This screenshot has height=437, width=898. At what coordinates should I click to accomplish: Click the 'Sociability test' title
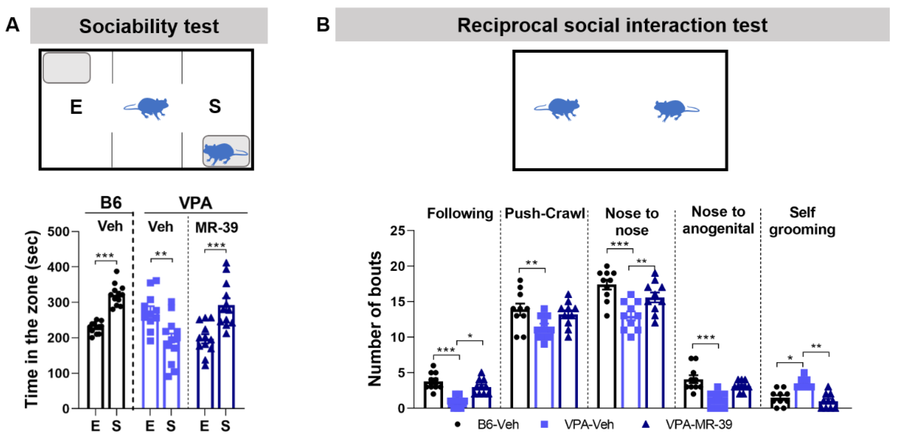tap(149, 26)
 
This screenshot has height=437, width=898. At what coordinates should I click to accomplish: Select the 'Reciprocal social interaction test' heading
tap(612, 25)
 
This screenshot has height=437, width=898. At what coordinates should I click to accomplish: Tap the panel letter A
tap(13, 25)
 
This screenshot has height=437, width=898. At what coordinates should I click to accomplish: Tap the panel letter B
tap(322, 25)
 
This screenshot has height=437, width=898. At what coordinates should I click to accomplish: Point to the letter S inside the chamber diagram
tap(215, 106)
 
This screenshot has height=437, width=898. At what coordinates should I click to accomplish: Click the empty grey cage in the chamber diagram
tap(66, 68)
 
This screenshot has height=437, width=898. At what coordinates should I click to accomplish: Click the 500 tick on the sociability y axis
tap(58, 232)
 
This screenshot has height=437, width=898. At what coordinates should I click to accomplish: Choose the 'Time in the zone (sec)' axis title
tap(31, 319)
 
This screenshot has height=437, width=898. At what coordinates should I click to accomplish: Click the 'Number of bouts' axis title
tap(375, 319)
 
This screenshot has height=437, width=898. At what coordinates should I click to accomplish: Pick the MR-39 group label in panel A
tap(217, 228)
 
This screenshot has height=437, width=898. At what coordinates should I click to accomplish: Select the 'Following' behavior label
tap(460, 213)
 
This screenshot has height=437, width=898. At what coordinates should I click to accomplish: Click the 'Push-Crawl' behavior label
tap(545, 213)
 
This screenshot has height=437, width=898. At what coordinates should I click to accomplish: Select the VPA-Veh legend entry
tap(579, 424)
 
